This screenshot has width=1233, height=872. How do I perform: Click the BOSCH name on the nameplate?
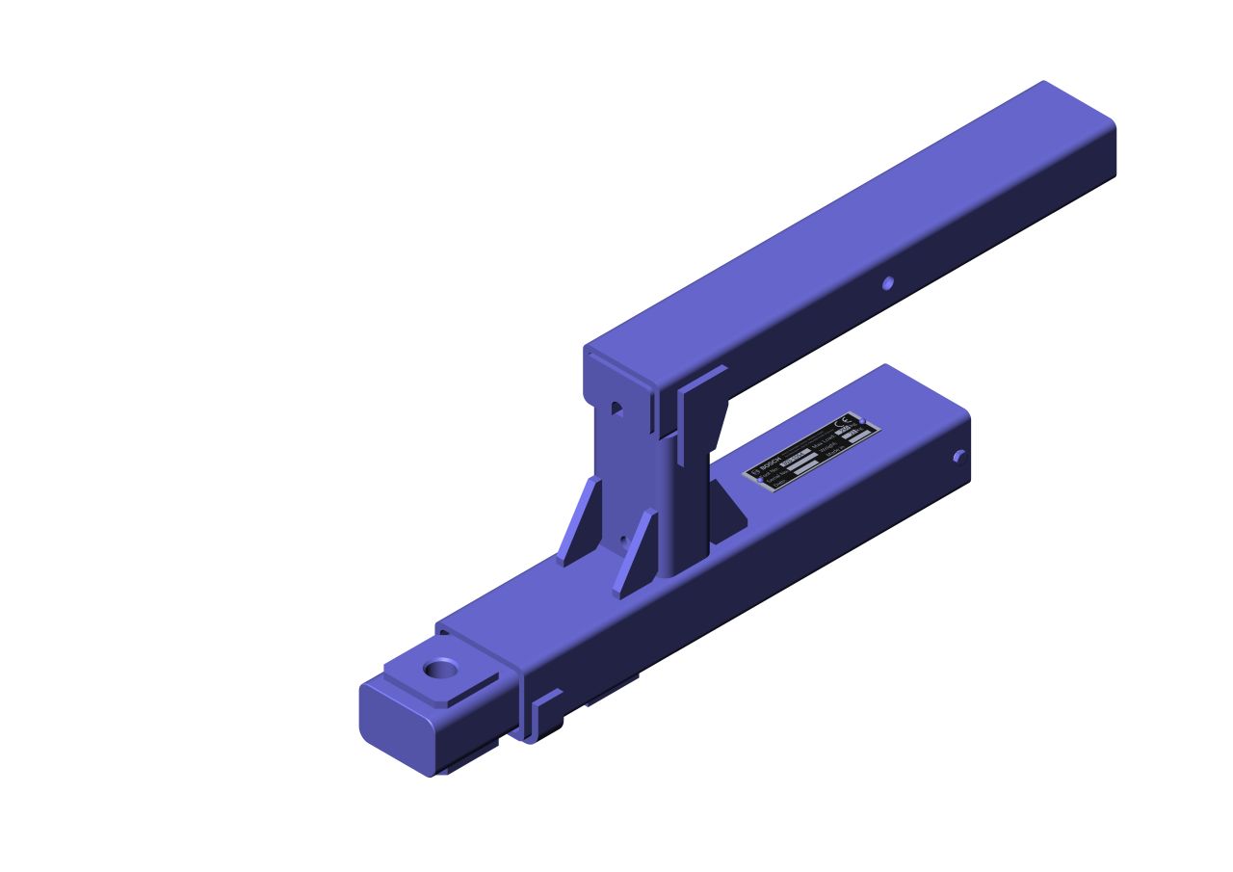coord(772,463)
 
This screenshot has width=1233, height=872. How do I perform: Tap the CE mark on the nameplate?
coord(843,422)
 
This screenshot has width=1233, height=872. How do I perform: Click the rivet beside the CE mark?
coord(862,421)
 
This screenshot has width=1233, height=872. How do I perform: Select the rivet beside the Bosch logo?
coord(760,480)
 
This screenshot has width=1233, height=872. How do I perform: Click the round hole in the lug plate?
coord(441,668)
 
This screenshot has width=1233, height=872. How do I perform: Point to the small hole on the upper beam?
coord(888,282)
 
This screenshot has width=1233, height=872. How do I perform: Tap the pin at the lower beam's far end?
coord(959,457)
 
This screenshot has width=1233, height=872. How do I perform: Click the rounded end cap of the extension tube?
coord(395,724)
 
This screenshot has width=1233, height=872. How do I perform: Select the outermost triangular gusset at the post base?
coord(581,523)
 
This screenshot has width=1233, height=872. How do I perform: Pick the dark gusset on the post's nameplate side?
coord(727,511)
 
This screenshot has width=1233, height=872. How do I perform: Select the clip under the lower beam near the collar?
coord(544,715)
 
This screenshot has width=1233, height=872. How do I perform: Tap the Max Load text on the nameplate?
coord(823,443)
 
